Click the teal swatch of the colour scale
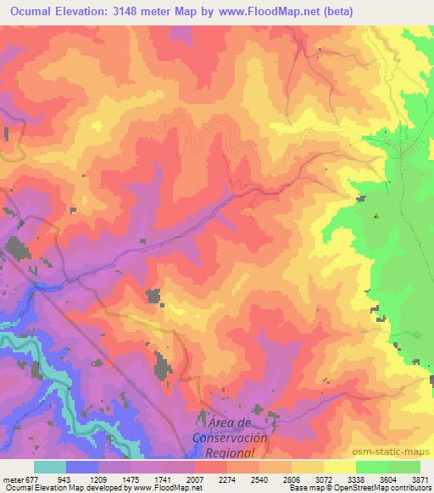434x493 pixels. [50, 467]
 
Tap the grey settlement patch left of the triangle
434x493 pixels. [361, 199]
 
